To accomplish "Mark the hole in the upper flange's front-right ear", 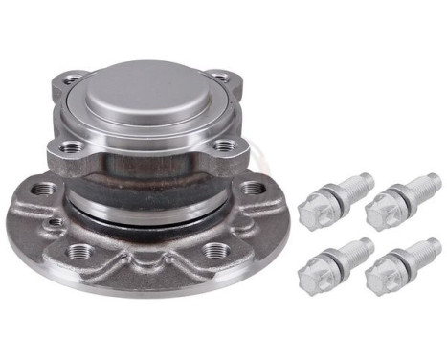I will [225, 148].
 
